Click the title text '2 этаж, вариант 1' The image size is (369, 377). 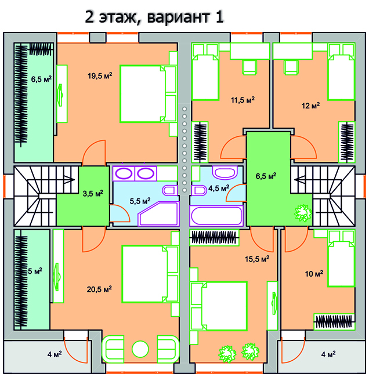click(x=154, y=16)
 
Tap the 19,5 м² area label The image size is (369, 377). click(x=100, y=75)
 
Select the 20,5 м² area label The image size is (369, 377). click(x=100, y=288)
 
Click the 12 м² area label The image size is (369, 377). click(x=310, y=106)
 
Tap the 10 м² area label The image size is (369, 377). click(x=314, y=273)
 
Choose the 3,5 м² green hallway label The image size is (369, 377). click(x=92, y=193)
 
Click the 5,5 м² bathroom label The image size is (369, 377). click(x=139, y=201)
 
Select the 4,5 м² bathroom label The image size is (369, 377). click(x=218, y=188)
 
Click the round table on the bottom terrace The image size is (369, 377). click(x=140, y=349)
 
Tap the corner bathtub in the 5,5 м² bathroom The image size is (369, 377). click(x=158, y=214)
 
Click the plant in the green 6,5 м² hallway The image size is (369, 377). click(x=302, y=213)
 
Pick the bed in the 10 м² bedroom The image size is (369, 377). click(x=341, y=258)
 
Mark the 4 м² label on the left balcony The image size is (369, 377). click(x=55, y=354)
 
